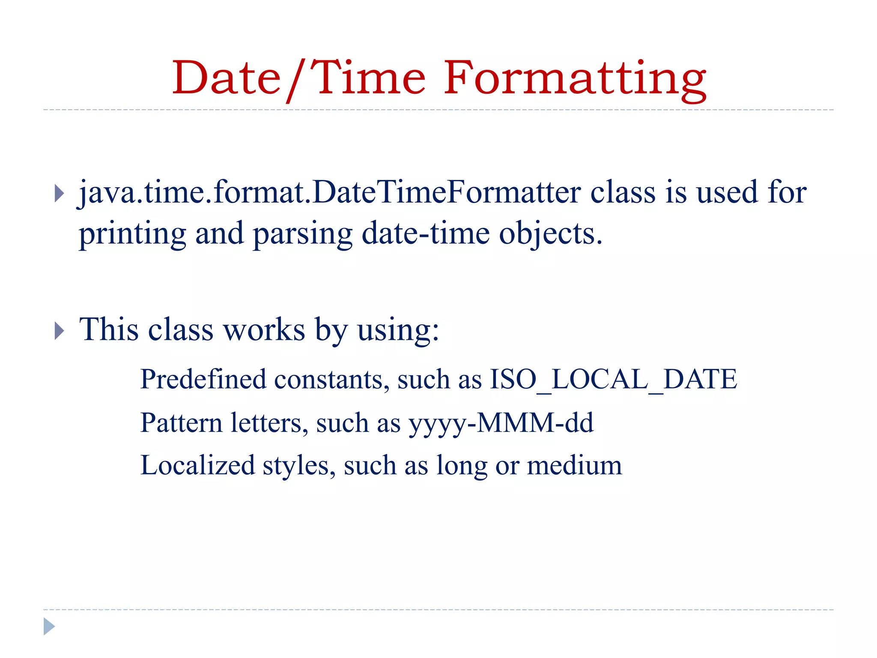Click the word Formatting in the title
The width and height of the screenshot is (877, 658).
point(575,79)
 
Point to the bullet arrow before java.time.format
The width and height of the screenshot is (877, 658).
point(60,194)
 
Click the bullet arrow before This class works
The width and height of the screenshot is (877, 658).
point(60,331)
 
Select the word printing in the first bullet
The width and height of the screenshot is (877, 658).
point(133,235)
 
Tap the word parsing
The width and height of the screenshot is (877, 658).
point(303,235)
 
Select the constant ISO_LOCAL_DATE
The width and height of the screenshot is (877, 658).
point(613,380)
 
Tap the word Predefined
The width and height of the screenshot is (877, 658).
point(203,379)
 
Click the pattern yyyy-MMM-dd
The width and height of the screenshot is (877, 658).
point(501,423)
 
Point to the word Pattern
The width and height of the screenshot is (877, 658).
point(182,423)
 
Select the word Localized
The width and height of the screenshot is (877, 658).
point(198,466)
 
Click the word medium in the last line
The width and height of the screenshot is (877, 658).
point(574,466)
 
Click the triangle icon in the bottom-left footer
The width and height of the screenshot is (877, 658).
point(49,626)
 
